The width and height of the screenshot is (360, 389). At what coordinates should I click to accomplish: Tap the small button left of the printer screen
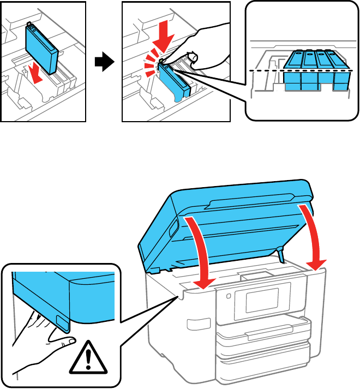tap(227, 297)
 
